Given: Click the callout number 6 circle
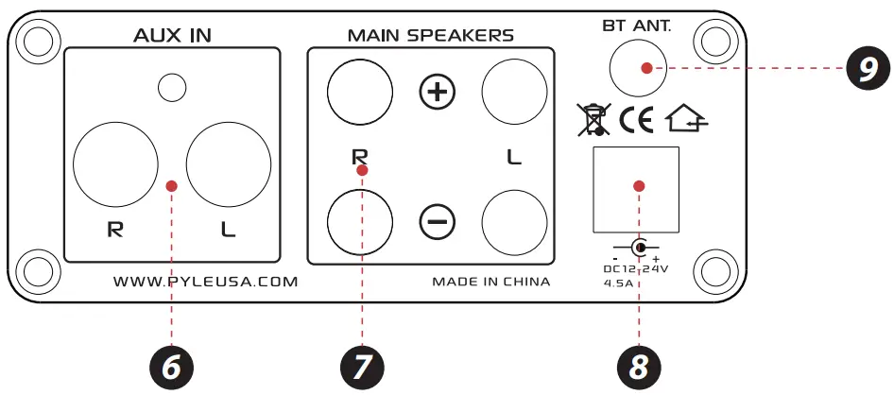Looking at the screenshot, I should (171, 367).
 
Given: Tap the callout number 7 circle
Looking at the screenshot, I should (360, 367).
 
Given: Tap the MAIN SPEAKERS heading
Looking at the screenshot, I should (430, 36).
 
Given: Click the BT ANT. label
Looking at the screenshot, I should (636, 26).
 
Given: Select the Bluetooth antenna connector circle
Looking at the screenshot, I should (637, 68).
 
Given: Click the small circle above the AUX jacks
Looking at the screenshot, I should (171, 88).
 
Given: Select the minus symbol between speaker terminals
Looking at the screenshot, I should (437, 221).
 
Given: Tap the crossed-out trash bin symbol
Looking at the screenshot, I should (592, 120).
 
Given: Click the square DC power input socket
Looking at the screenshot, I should (635, 189).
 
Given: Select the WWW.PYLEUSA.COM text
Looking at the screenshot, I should (205, 281).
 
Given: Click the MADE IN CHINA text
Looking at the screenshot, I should (490, 281).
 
